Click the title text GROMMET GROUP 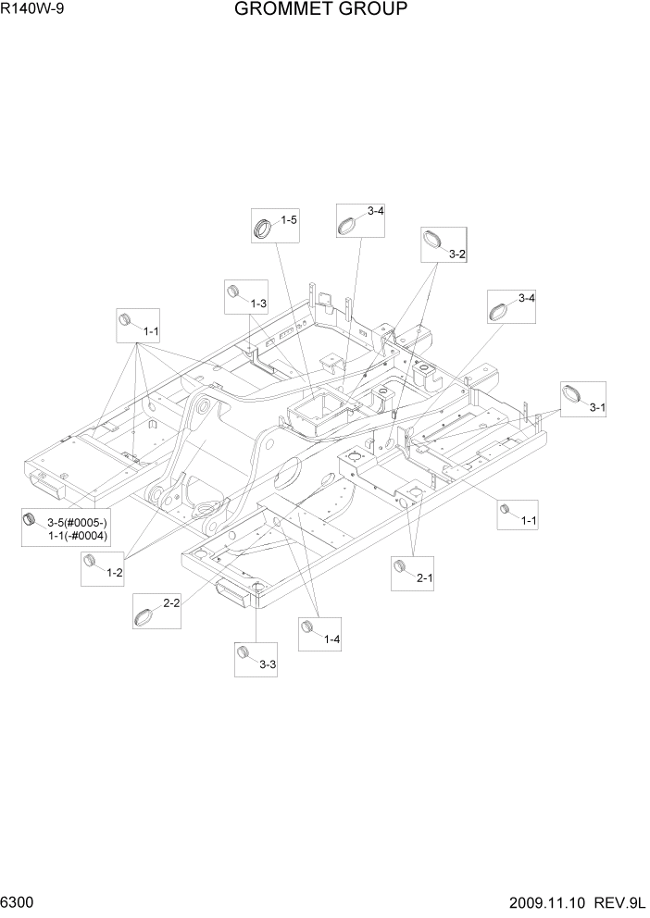(320, 10)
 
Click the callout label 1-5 (288, 220)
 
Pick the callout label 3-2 (456, 254)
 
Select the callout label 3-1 (597, 406)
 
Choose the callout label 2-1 (425, 578)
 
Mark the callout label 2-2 (171, 603)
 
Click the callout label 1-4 (332, 639)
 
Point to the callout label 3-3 (268, 664)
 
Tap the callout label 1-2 (115, 573)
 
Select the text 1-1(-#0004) (79, 536)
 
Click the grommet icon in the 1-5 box (264, 226)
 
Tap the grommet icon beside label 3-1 (572, 394)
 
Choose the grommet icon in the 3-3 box (245, 653)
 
